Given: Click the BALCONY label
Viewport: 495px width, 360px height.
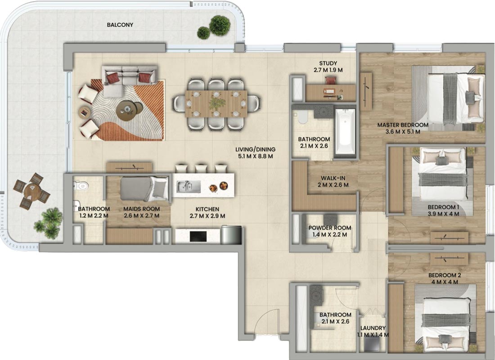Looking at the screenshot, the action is tap(120, 25).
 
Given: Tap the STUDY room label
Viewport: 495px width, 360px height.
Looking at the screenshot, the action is tap(328, 63).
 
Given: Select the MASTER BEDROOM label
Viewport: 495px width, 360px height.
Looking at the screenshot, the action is tap(403, 125).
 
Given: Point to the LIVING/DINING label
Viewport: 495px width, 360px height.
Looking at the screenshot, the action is tap(256, 149).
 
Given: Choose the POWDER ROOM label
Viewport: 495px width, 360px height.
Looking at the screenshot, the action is tap(330, 228).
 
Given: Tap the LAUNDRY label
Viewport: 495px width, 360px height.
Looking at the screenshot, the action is tap(373, 328).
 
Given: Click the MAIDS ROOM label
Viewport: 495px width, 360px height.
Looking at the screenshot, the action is tap(141, 209).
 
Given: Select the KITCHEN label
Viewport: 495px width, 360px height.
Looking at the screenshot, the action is tap(207, 209).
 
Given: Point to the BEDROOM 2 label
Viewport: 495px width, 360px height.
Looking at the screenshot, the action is tap(443, 275).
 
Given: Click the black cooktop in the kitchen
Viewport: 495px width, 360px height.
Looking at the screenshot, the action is tap(198, 236).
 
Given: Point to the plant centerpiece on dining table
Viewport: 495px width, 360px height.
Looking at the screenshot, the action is tap(216, 102).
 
